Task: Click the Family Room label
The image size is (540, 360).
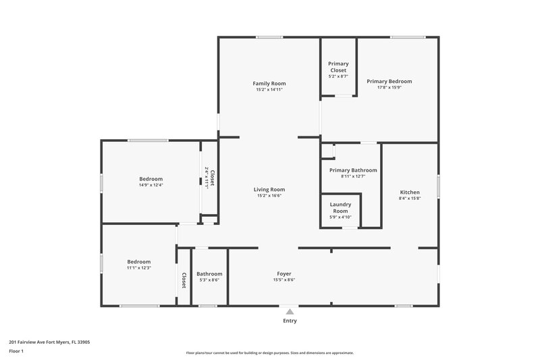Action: [x=269, y=83]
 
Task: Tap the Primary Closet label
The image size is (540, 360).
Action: [x=339, y=67]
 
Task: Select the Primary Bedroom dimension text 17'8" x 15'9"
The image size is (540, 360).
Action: [x=389, y=87]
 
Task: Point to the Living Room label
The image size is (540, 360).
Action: [x=269, y=190]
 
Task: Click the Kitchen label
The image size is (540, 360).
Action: [x=410, y=192]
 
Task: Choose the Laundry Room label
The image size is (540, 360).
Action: [x=340, y=207]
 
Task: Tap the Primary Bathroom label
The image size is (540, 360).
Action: [x=353, y=170]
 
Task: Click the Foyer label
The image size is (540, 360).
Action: [x=283, y=274]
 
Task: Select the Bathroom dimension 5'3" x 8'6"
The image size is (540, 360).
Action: [x=209, y=280]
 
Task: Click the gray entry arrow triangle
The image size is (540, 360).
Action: [x=290, y=311]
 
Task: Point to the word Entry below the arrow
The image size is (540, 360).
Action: [x=290, y=321]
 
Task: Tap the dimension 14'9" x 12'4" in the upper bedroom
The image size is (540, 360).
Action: [x=151, y=185]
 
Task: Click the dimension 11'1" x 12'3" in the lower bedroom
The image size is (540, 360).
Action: [x=139, y=267]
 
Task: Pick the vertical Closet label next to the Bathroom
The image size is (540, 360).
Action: [x=184, y=280]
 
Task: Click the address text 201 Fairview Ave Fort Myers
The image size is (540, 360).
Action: [x=49, y=342]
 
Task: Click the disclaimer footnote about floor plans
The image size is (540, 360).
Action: [x=269, y=353]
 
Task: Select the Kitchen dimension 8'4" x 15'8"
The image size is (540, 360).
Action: [x=410, y=199]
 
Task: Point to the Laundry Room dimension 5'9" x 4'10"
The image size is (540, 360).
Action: [x=340, y=217]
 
